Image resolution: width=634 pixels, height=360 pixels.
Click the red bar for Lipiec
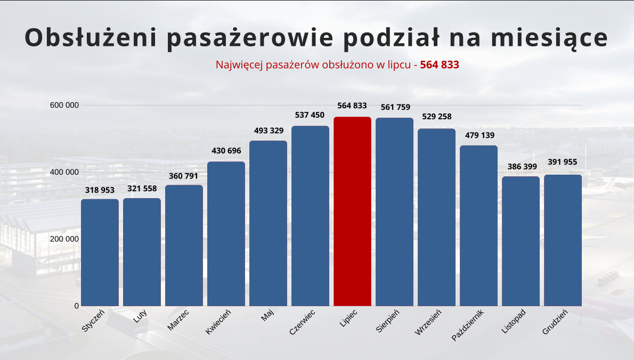(x=352, y=211)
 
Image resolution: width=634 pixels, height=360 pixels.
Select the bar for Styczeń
(x=100, y=252)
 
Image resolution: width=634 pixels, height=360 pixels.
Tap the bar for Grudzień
(x=563, y=240)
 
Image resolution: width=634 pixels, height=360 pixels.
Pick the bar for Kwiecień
(x=226, y=234)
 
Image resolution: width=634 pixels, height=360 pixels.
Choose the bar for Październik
(x=478, y=226)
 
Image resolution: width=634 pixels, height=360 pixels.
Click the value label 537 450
(x=310, y=115)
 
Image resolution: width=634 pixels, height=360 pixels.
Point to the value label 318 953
(x=100, y=190)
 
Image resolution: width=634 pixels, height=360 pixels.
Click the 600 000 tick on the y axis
(x=64, y=105)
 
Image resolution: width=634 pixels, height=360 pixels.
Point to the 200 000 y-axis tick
(x=64, y=239)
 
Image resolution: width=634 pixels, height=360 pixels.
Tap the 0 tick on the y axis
(x=77, y=306)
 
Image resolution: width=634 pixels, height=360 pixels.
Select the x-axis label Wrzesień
(x=428, y=322)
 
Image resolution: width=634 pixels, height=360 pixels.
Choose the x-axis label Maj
(x=267, y=316)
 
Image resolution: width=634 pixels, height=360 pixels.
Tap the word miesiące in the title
(x=554, y=38)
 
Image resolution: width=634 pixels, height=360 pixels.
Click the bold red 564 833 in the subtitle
(x=440, y=65)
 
